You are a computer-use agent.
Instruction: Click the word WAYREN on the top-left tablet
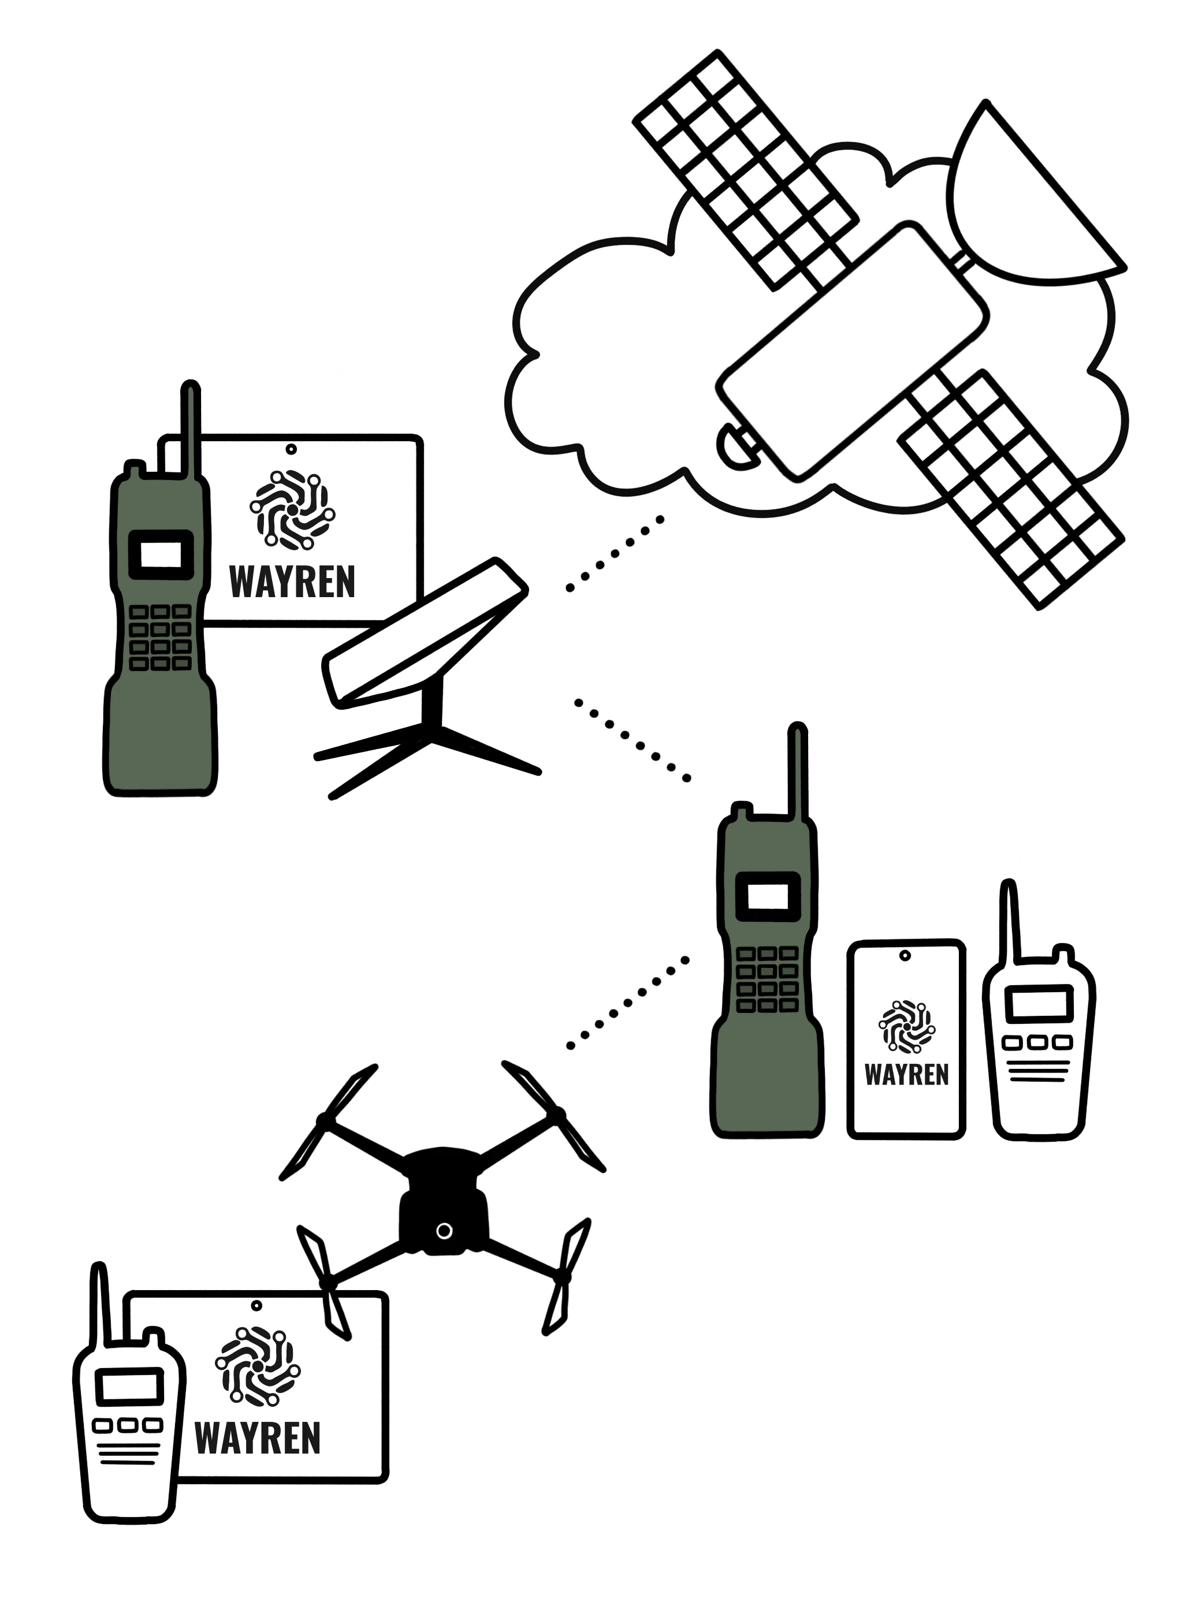coord(292,583)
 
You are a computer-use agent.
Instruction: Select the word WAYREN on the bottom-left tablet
coord(257,1439)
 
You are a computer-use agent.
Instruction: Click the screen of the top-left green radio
coord(161,555)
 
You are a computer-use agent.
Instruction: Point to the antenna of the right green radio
coord(798,773)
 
